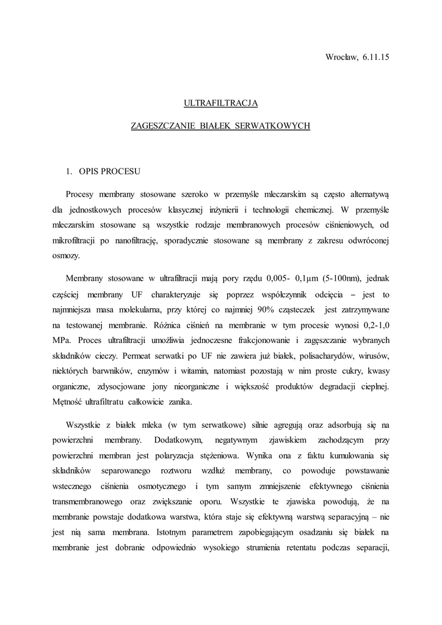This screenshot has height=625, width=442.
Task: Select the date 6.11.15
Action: pyautogui.click(x=375, y=57)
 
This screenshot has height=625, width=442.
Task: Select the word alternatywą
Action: pyautogui.click(x=365, y=193)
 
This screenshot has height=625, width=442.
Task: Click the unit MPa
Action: pyautogui.click(x=62, y=342)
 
